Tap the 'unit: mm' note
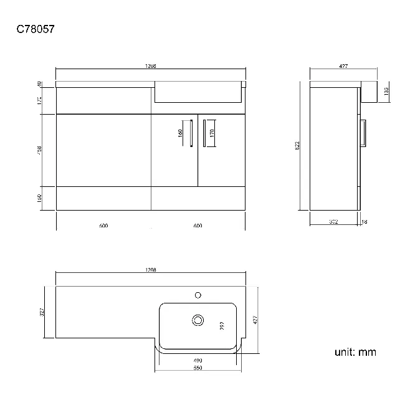(355, 353)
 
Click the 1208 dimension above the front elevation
(150, 65)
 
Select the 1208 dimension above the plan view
(150, 270)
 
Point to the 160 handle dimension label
(180, 133)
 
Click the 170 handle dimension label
(212, 133)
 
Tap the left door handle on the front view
(191, 133)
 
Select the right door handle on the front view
(204, 133)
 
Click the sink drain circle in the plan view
(198, 320)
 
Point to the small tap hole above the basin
(199, 293)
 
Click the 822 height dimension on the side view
(298, 145)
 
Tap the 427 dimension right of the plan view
(254, 320)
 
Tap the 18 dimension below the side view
(364, 221)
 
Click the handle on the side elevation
(364, 132)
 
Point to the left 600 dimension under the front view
(103, 226)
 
